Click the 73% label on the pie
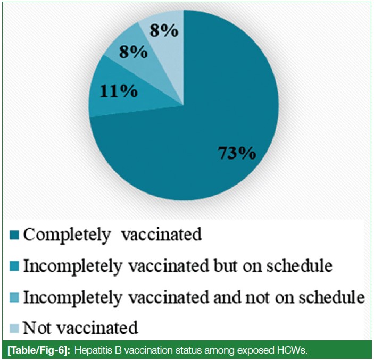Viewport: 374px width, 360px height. (237, 153)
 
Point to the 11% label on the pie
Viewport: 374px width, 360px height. (119, 91)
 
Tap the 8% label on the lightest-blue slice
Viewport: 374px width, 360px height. (164, 30)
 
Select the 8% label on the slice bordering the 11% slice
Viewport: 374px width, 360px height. (134, 52)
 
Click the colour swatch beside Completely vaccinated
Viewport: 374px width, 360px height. (14, 235)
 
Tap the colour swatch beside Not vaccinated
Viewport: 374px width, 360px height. (14, 328)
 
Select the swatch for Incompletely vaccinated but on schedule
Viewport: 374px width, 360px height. (14, 266)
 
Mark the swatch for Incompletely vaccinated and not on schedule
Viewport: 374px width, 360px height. (14, 298)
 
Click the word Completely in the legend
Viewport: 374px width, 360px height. (67, 235)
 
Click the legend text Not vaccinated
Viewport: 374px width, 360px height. (80, 328)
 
